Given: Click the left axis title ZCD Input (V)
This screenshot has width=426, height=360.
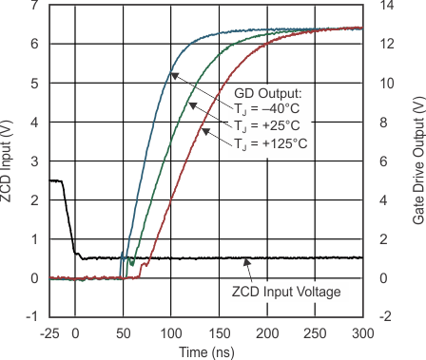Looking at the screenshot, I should click(x=10, y=161).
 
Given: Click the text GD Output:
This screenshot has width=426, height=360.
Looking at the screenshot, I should click(x=269, y=92).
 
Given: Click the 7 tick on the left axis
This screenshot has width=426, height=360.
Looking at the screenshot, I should click(x=35, y=6).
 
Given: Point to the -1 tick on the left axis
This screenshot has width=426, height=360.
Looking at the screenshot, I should click(x=32, y=317).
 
